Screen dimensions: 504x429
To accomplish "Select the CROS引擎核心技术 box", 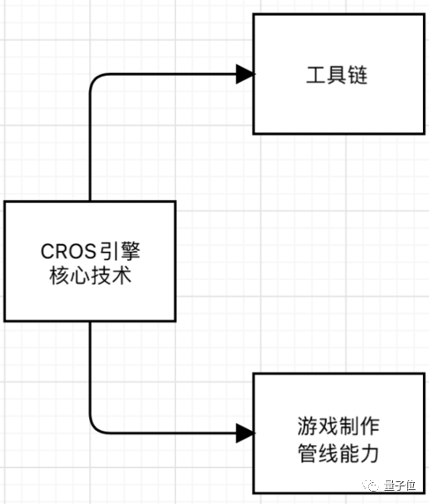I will pos(90,262).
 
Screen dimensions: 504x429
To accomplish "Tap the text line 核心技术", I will pos(90,275).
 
